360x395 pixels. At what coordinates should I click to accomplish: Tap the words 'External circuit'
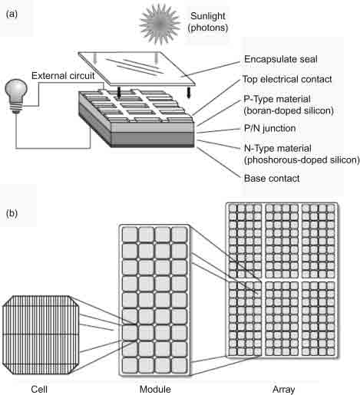pos(63,75)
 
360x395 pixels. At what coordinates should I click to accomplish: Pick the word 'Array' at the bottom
pos(283,388)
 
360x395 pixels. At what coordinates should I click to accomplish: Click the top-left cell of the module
pos(130,235)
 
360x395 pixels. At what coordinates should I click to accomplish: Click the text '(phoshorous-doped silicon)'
pos(291,160)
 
